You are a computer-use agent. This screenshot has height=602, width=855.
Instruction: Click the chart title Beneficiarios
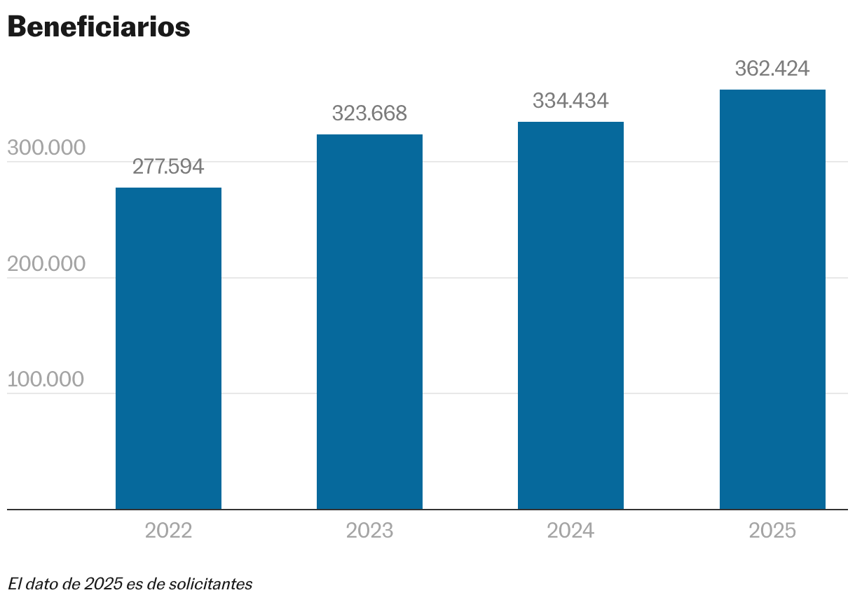pos(99,27)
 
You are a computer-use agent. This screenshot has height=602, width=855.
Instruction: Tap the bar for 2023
pos(369,321)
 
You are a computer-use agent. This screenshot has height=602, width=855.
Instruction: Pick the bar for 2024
pos(570,315)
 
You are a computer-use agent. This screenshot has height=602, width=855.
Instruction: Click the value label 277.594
pos(168,167)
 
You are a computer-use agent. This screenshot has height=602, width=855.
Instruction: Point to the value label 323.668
pos(369,113)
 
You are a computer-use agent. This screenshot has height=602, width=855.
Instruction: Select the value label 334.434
pos(570,101)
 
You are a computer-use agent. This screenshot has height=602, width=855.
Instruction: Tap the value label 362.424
pos(772,69)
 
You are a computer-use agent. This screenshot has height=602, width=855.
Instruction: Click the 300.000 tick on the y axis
pos(46,148)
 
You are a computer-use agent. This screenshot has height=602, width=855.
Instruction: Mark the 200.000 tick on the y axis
pos(46,264)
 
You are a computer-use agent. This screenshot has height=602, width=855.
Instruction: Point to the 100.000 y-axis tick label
pos(46,379)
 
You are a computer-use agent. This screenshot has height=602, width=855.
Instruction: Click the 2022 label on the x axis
pos(168,531)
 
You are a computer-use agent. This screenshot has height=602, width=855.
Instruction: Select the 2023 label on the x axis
pos(369,531)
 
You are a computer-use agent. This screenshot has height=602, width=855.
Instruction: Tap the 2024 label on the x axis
pos(570,531)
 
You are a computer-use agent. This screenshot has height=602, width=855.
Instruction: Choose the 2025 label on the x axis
pos(772,531)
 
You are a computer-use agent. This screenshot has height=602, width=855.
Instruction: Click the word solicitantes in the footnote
pos(210,583)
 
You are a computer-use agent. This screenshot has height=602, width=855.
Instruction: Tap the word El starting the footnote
pos(14,583)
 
